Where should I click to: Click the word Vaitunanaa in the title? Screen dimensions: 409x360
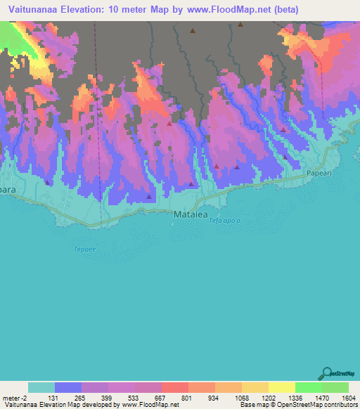pos(34,10)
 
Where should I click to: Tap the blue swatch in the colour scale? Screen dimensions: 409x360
pos(68,387)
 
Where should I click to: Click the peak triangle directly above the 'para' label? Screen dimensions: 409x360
pos(47,181)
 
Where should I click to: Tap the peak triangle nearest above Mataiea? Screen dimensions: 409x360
pos(191,183)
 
